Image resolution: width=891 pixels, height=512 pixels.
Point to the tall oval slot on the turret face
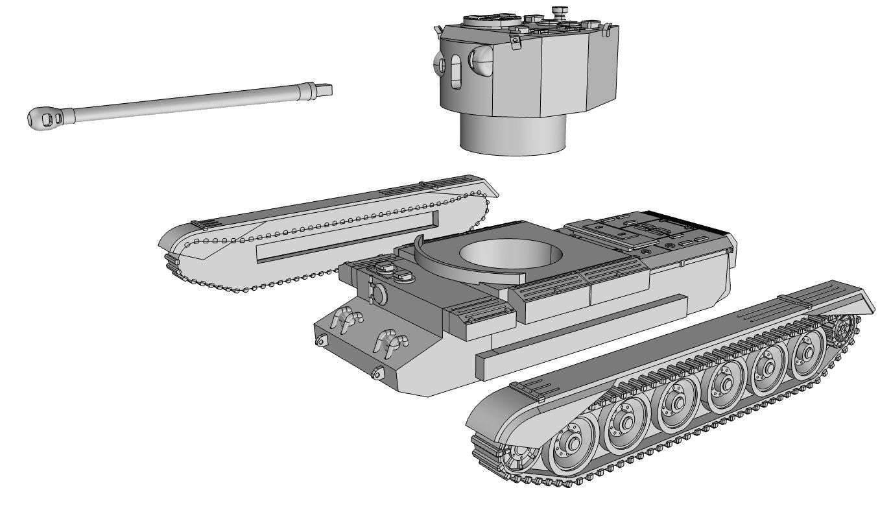tap(456, 71)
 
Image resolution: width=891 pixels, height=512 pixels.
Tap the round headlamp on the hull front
tap(378, 295)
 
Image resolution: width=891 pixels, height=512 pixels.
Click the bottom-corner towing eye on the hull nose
tap(377, 372)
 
